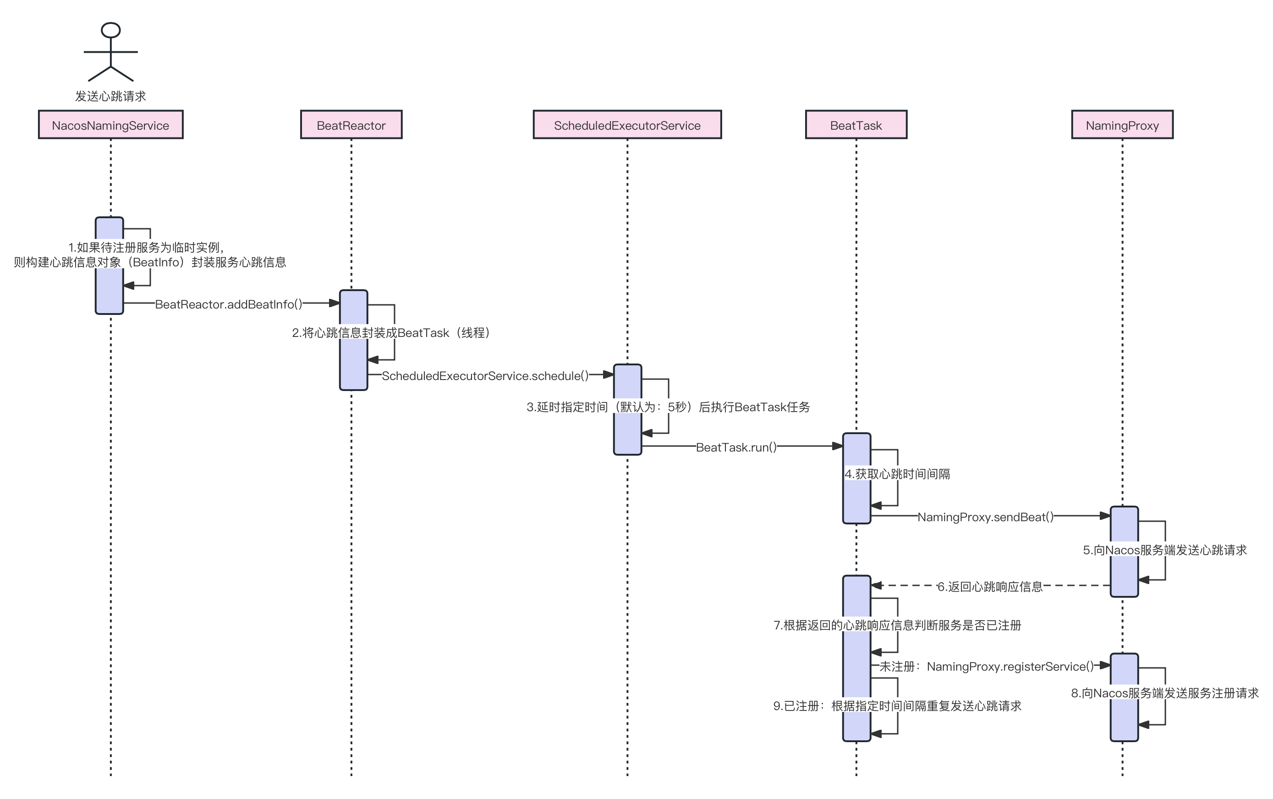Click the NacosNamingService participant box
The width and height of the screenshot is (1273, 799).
110,125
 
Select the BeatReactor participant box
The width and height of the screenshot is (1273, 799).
351,125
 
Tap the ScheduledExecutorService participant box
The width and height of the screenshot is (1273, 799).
627,125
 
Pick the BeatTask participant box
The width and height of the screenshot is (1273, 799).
856,125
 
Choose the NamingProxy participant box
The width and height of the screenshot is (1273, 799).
1122,125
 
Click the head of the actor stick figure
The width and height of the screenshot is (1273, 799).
110,30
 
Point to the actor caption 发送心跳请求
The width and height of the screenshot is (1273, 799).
110,96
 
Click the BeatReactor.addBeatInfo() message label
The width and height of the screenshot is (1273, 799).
229,304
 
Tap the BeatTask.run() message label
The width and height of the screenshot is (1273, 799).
736,447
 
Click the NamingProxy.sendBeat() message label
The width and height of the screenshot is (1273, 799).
986,517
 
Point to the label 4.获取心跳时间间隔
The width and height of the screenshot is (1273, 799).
897,474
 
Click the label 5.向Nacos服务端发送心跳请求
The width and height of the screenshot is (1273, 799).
1165,550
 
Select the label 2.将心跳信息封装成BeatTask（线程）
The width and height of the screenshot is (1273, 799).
394,332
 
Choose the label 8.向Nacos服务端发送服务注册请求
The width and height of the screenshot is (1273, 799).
1165,693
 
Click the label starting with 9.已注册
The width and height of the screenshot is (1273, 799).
897,706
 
